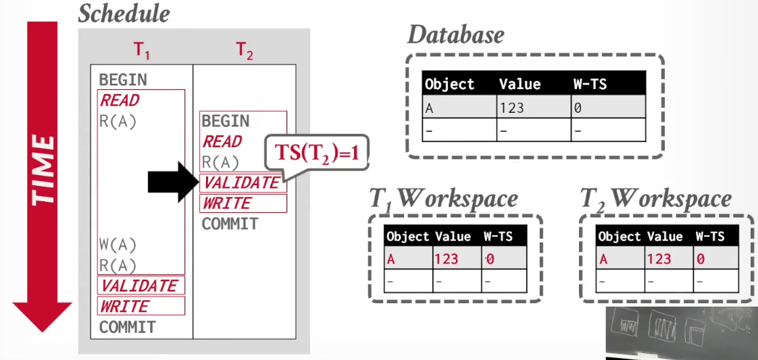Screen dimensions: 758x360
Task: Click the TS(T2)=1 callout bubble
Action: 317,153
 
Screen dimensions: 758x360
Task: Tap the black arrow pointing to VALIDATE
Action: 173,182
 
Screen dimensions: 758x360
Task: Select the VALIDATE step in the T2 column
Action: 242,182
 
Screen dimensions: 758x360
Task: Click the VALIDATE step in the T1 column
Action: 141,286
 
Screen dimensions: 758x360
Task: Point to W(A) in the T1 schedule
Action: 118,245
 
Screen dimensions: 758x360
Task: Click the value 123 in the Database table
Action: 512,107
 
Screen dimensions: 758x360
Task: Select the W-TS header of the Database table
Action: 589,84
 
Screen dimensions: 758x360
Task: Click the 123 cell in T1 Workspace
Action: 446,259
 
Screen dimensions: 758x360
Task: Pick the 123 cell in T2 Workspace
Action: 658,259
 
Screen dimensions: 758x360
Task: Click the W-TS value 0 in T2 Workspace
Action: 701,259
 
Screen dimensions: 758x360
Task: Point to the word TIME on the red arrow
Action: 43,170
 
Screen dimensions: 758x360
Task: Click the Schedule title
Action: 124,14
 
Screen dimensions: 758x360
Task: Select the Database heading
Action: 456,35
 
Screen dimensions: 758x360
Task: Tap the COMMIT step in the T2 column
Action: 230,224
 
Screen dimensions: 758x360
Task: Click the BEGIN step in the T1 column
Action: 123,80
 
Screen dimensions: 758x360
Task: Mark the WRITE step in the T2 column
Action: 228,203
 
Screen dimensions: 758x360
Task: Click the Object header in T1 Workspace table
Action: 408,236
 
